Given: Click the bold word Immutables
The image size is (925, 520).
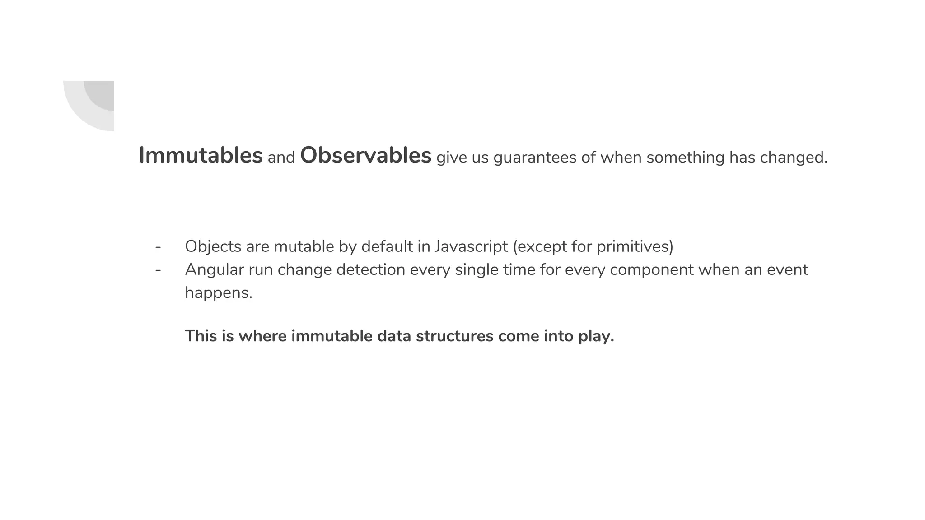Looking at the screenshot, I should tap(200, 156).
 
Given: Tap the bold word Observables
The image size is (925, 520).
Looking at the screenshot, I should tap(365, 156).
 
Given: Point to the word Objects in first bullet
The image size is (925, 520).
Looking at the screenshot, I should tap(213, 247).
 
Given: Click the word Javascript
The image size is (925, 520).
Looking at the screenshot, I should tap(471, 247).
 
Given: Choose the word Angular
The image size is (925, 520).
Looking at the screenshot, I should tap(214, 270).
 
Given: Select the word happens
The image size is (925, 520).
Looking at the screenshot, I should tap(218, 293).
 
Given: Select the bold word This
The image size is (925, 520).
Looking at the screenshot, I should tap(201, 336).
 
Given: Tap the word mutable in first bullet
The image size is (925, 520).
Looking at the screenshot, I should tap(304, 247).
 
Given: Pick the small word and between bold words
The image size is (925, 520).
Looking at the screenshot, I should tap(281, 158).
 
